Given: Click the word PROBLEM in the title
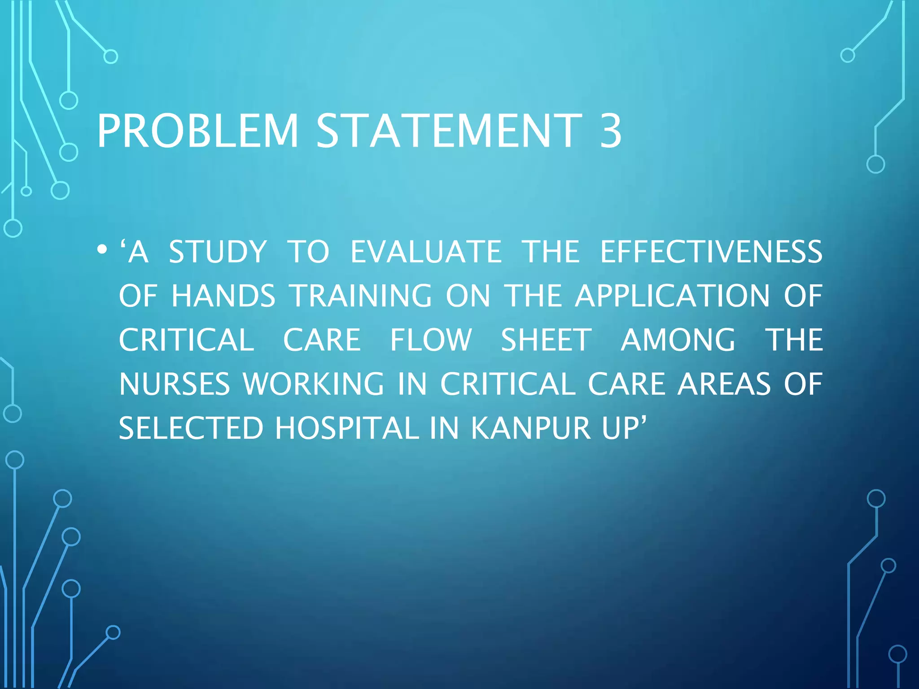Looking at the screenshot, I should click(197, 131).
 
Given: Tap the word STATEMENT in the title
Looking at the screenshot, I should click(449, 131).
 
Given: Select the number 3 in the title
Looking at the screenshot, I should click(611, 131).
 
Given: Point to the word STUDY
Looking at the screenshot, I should click(218, 252).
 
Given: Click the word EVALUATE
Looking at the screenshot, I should click(426, 252).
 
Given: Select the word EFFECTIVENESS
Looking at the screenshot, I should click(711, 252).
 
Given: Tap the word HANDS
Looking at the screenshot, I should click(223, 296).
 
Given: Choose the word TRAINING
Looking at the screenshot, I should click(361, 296).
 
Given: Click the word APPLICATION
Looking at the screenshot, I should click(672, 296).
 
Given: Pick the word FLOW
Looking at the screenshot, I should click(430, 340).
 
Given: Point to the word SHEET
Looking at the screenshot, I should click(546, 340).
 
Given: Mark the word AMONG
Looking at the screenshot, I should click(678, 340).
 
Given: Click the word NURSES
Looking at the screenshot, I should click(174, 384).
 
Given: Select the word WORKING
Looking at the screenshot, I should click(313, 384).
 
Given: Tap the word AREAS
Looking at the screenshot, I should click(724, 384).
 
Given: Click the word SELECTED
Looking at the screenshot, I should click(191, 428).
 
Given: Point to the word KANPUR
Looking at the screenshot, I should click(531, 428).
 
